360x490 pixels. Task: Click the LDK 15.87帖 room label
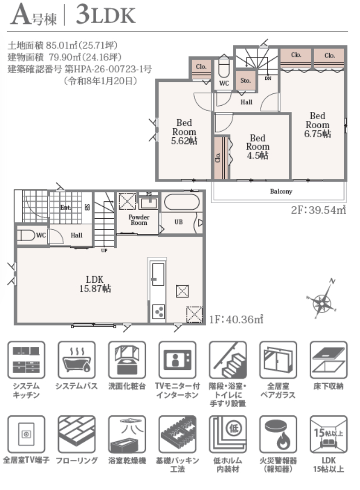click(x=95, y=284)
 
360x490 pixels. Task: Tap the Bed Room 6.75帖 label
click(x=317, y=125)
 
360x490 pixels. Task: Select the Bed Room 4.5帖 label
click(x=258, y=147)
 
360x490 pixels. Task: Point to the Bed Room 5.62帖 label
click(x=184, y=132)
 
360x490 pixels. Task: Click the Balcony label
click(x=281, y=191)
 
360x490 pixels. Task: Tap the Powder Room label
click(x=139, y=220)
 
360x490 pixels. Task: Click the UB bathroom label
click(x=179, y=222)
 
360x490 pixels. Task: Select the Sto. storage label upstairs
click(x=245, y=80)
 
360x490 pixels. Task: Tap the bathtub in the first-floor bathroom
click(x=182, y=202)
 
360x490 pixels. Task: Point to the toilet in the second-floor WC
click(x=224, y=67)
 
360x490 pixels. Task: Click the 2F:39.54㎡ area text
click(x=318, y=210)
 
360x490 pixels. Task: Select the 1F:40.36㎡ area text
click(x=236, y=319)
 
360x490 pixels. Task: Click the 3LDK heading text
click(x=106, y=15)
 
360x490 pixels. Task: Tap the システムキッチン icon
click(x=26, y=360)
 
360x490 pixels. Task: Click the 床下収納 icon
click(x=328, y=360)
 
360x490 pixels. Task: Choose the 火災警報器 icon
click(x=278, y=434)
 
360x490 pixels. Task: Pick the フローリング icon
click(x=76, y=434)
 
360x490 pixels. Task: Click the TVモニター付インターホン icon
click(x=177, y=360)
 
